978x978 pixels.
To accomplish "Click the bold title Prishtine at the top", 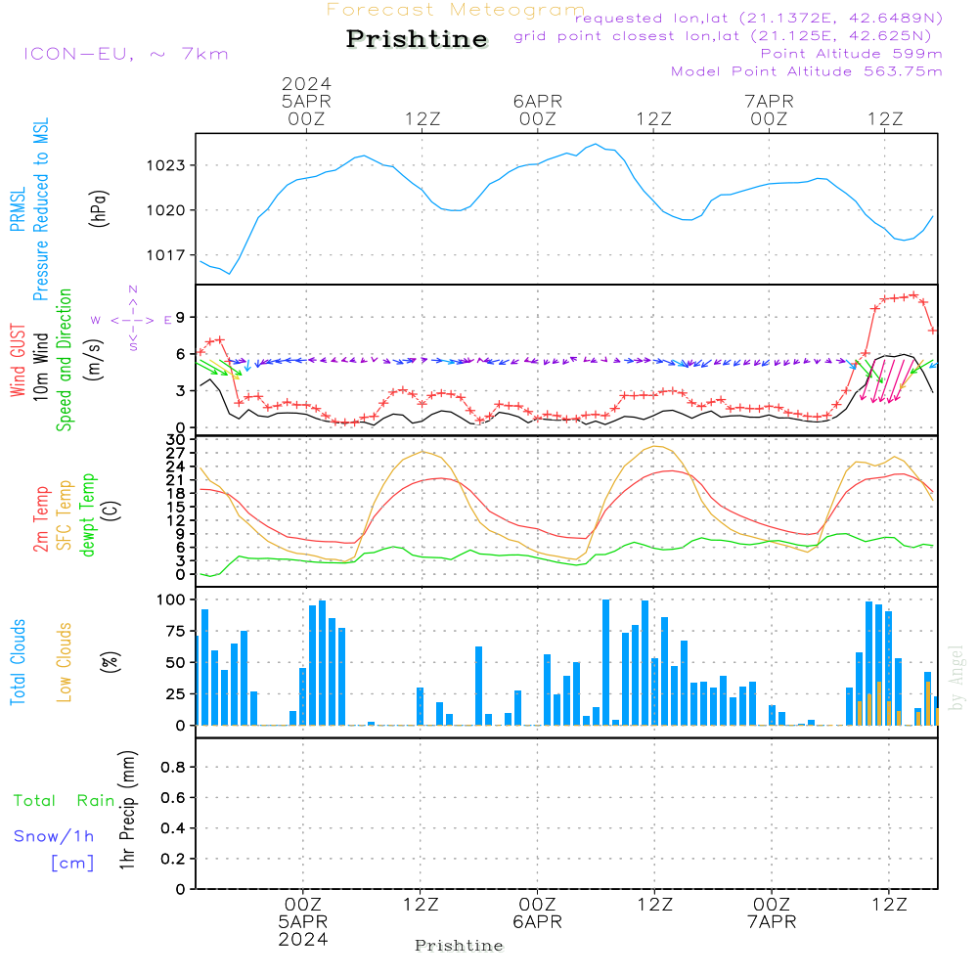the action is pos(417,39).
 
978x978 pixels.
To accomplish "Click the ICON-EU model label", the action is pos(78,54).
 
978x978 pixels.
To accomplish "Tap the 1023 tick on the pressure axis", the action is pos(165,165).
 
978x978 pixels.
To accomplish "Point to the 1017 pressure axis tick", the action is pos(165,255).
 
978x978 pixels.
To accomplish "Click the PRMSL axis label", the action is pos(18,209).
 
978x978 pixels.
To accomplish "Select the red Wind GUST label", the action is pos(18,361).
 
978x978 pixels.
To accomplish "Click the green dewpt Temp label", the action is pos(87,514).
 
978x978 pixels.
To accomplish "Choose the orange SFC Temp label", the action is pos(65,515).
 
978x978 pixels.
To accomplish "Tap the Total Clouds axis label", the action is pos(18,662).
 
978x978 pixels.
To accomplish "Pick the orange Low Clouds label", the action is pos(65,662).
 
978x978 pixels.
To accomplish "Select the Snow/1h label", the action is pos(54,836).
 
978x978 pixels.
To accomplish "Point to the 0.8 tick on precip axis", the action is pos(173,767).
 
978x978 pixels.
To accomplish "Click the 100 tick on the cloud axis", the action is pos(171,600).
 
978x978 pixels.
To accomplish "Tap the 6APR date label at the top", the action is pos(538,101).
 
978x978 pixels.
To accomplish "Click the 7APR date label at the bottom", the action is pos(772,922).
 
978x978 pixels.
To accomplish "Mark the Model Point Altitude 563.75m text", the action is pos(807,71).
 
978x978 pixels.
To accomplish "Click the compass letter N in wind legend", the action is pos(133,289).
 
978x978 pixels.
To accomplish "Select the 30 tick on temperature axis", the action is pos(175,439).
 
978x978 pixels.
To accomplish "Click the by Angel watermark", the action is pos(956,678).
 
